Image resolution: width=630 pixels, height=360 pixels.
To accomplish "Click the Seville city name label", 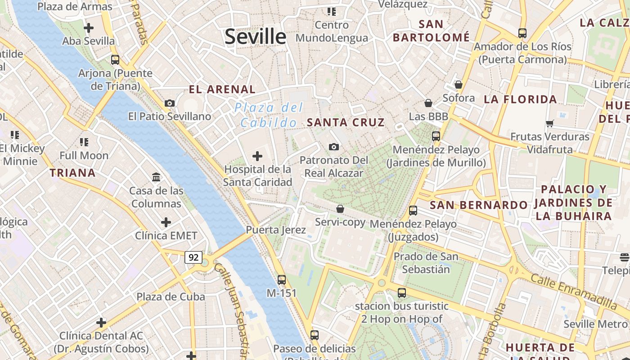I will [x=255, y=36].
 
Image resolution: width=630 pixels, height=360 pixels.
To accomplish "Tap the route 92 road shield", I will [x=193, y=257].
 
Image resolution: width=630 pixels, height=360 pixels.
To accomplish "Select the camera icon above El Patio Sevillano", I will [x=170, y=103].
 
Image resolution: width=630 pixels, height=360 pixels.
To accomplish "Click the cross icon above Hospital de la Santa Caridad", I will [x=257, y=156].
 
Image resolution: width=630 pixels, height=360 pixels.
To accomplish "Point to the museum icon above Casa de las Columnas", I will [x=156, y=177].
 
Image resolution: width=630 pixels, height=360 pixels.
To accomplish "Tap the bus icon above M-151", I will [x=282, y=279].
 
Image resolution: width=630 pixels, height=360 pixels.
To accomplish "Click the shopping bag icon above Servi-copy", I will [x=340, y=209].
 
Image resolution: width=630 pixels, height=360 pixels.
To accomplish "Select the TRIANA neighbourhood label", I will [x=72, y=173].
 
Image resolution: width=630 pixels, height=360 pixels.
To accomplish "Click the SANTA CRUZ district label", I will [x=346, y=122].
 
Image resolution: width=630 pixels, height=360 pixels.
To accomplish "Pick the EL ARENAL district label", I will [x=222, y=90].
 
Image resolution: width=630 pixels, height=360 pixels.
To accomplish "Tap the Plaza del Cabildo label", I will [x=269, y=115].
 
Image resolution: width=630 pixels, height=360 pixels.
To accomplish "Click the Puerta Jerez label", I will [x=276, y=230].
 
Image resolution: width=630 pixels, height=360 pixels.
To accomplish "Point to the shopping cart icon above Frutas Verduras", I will [x=549, y=123].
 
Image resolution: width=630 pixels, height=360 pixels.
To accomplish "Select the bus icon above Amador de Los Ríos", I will [x=522, y=33].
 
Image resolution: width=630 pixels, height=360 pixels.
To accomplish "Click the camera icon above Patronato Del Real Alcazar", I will [x=334, y=147].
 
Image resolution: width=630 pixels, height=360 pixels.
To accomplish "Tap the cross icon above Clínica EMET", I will [x=166, y=222].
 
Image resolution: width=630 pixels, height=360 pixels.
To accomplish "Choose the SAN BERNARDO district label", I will [x=479, y=205].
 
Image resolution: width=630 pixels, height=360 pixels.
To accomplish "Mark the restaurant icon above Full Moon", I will [x=84, y=142].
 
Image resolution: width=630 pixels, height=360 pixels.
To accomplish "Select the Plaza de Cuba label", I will [x=171, y=297].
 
